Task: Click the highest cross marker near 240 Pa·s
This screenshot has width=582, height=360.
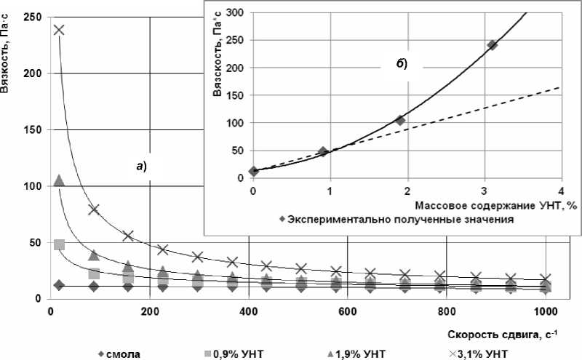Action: [x=59, y=30]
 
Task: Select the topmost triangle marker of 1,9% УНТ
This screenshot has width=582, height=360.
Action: [x=60, y=180]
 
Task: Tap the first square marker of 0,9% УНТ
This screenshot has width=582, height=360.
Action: [x=60, y=244]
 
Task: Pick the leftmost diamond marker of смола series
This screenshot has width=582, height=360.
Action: [x=60, y=285]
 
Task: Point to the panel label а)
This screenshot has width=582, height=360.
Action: [x=141, y=166]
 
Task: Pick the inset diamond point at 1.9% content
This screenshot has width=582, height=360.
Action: [x=399, y=120]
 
